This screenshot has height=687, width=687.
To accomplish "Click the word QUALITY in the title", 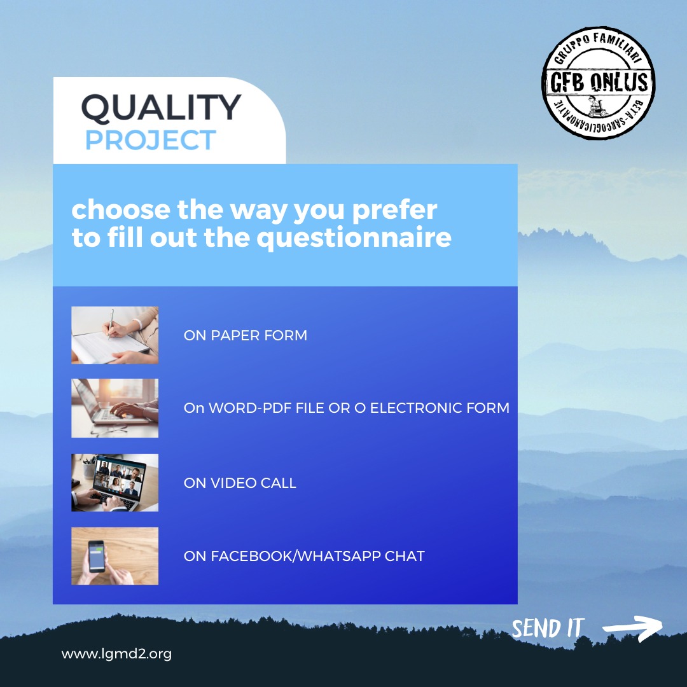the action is click(161, 108).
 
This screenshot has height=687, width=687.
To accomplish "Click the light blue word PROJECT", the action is click(150, 140).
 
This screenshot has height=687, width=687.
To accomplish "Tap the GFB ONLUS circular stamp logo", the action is click(599, 83).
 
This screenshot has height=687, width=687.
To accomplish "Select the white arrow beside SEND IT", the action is click(633, 628).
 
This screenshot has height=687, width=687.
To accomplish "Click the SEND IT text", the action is click(548, 628).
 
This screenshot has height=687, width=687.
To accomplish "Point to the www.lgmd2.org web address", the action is click(116, 654).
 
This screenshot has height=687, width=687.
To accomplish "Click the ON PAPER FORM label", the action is click(246, 335).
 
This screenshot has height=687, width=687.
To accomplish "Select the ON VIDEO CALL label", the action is click(240, 483).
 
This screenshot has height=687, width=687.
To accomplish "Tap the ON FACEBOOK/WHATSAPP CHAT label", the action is click(304, 556).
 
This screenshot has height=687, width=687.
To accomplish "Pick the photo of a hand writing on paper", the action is click(114, 335).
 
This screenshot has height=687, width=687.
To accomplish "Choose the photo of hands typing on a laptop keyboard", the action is click(114, 408).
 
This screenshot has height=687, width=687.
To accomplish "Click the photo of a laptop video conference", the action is click(114, 483).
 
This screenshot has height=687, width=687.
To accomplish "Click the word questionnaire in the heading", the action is click(354, 239).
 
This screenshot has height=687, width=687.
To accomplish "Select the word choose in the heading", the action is click(120, 209).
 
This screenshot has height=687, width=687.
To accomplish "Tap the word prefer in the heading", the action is click(395, 211).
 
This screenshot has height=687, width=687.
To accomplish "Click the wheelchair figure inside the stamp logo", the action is click(597, 106).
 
